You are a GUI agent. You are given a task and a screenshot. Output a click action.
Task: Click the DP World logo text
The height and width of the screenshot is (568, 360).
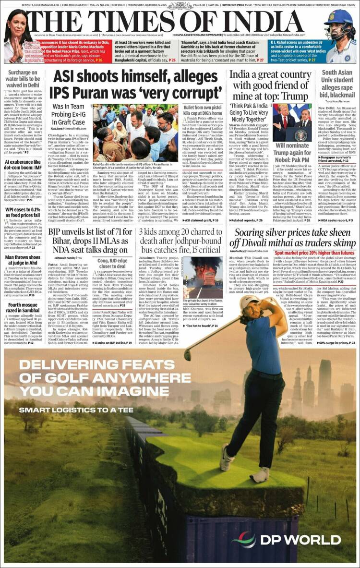click(300, 540)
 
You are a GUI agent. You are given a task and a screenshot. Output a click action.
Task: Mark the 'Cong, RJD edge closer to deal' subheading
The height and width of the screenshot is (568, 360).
click(111, 264)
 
